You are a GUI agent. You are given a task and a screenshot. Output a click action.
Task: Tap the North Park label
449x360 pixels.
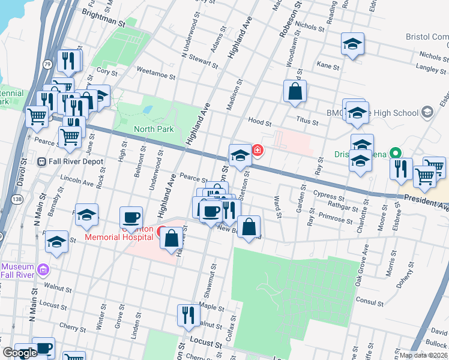(152, 129)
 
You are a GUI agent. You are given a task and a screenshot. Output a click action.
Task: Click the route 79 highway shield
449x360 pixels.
(47, 64)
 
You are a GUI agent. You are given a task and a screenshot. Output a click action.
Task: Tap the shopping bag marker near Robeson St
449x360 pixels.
(295, 92)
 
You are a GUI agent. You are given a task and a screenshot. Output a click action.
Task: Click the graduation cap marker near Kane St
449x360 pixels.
(352, 44)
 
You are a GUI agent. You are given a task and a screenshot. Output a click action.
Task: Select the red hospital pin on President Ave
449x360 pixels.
(258, 149)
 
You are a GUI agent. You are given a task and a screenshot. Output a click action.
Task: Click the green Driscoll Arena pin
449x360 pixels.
(396, 154)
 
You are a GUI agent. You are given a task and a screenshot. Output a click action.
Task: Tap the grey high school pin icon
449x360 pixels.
(427, 112)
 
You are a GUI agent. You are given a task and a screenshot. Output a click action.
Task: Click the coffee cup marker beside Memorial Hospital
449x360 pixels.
(131, 218)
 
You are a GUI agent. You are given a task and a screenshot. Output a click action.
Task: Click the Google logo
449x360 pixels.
(20, 353)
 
